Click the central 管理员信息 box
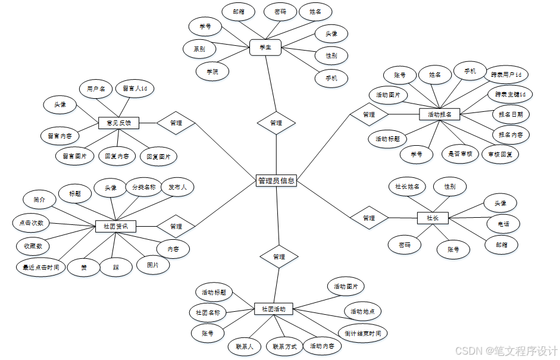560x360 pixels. click(x=276, y=180)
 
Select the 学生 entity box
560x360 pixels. click(x=265, y=48)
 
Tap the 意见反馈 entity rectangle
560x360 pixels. click(x=118, y=123)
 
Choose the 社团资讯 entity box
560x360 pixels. click(x=115, y=226)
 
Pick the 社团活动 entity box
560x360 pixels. click(x=273, y=309)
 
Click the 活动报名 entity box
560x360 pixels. click(x=440, y=114)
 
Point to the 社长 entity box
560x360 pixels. click(x=433, y=218)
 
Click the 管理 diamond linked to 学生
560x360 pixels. click(x=276, y=123)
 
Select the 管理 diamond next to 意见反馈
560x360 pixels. click(x=176, y=123)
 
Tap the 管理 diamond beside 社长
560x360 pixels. click(x=369, y=218)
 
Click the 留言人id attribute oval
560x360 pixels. click(x=134, y=89)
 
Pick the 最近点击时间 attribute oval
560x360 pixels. click(x=40, y=267)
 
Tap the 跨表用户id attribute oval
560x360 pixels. click(x=506, y=75)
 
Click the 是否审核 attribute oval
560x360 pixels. click(x=461, y=154)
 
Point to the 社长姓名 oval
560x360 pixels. click(x=407, y=186)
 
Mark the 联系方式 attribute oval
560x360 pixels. click(x=284, y=346)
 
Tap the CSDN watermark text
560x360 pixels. click(x=506, y=351)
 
